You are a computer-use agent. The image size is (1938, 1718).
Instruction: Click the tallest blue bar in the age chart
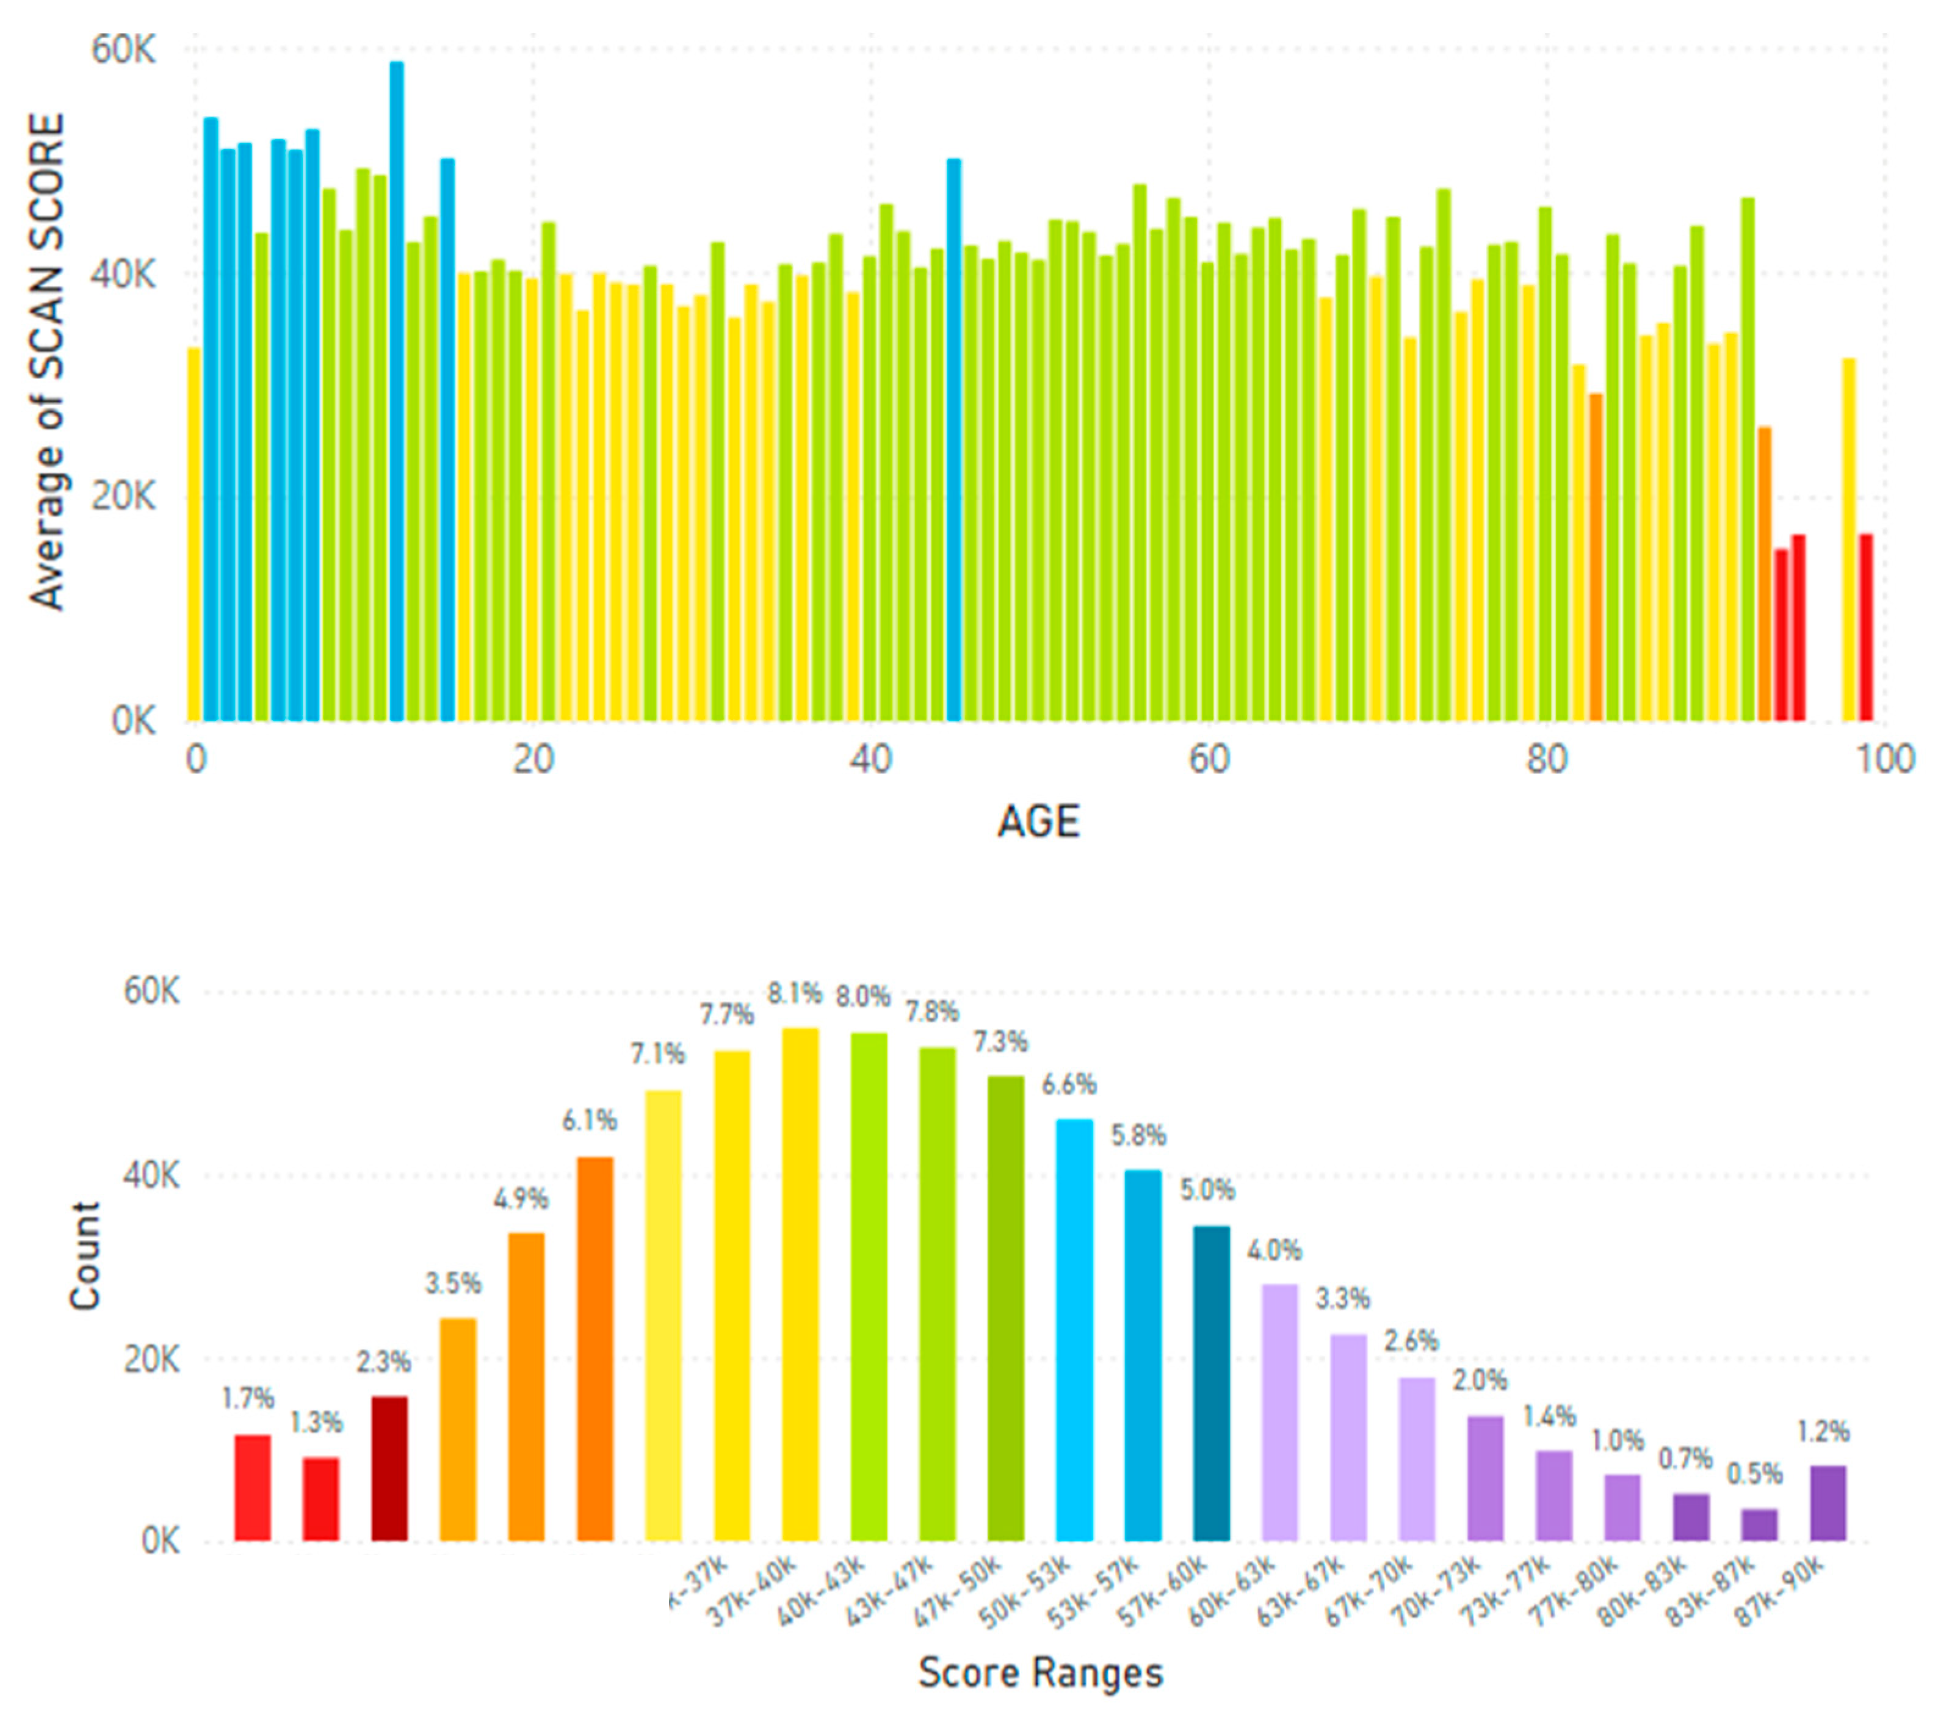click(396, 389)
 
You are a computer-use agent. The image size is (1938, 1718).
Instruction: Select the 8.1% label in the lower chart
click(795, 994)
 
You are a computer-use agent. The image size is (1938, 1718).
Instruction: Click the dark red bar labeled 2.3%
click(389, 1468)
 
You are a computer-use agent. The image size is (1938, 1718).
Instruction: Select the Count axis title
click(85, 1255)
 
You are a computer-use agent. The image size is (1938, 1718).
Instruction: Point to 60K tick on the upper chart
click(122, 49)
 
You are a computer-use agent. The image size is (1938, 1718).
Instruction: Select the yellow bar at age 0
click(194, 536)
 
